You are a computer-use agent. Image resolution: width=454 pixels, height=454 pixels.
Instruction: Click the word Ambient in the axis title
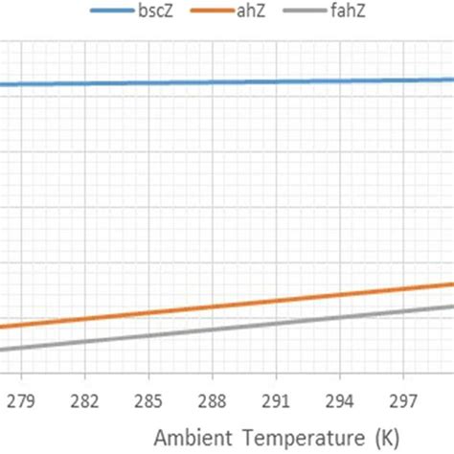pos(189,437)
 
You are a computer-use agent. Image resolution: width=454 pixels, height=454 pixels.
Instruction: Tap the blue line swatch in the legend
pos(114,11)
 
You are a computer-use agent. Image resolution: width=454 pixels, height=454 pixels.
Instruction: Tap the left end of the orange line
pos(3,326)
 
